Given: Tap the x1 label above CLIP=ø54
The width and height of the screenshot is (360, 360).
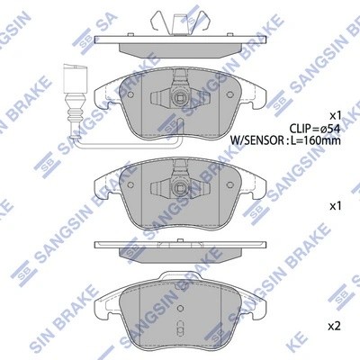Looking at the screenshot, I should [336, 114].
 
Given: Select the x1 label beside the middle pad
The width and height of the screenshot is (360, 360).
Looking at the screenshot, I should [336, 206].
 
